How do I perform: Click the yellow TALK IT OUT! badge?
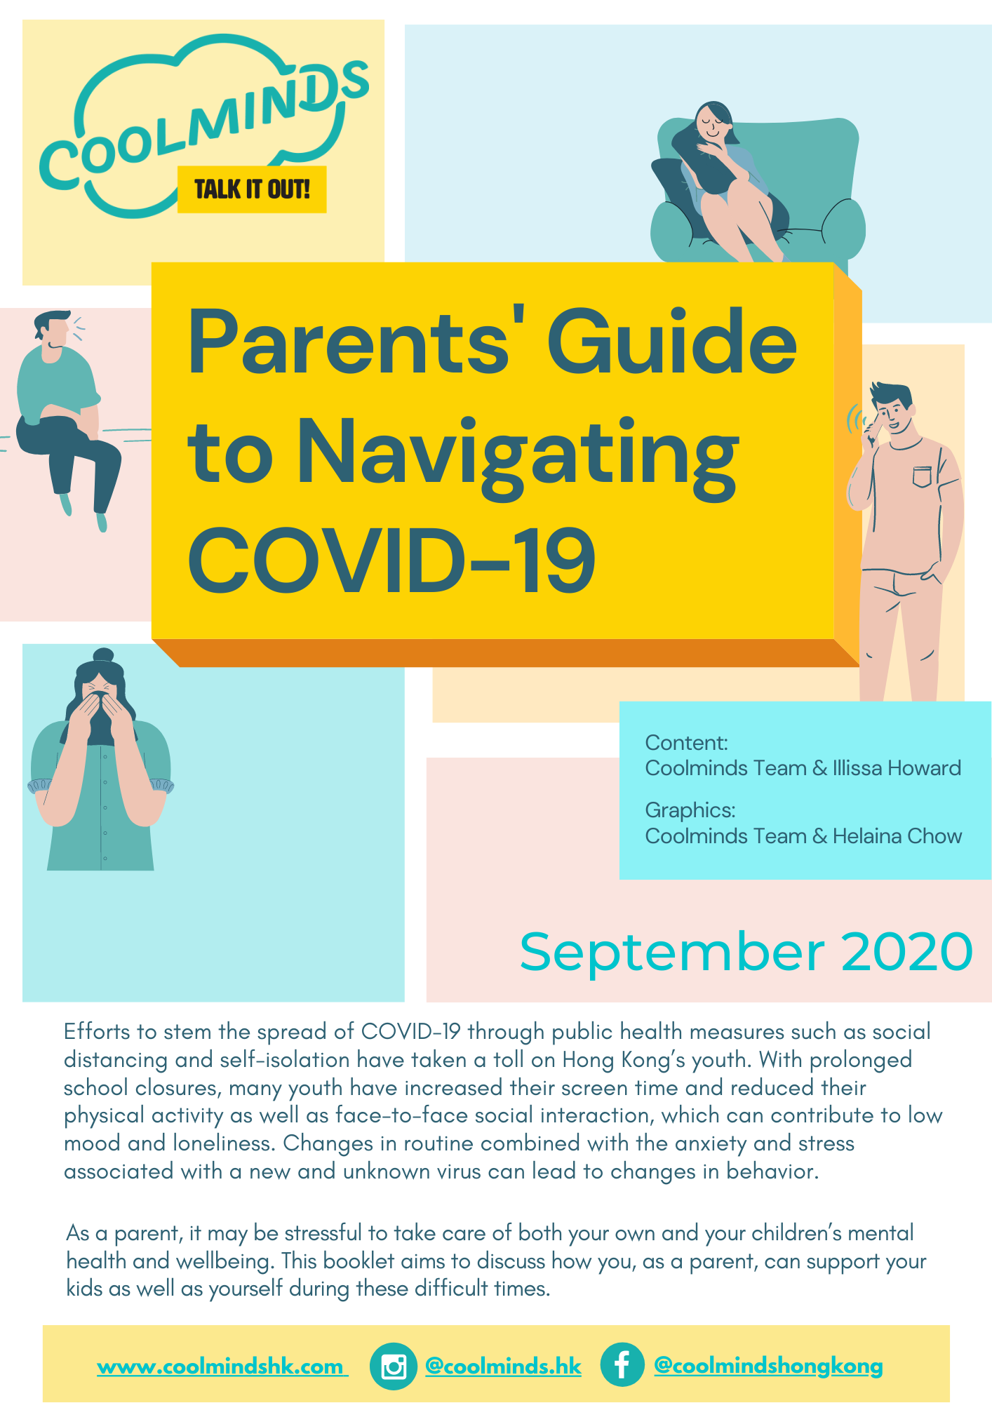click(252, 189)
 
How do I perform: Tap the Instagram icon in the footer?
click(394, 1366)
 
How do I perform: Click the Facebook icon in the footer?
click(622, 1364)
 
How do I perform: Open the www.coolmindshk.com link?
click(222, 1367)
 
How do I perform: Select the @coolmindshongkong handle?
click(768, 1365)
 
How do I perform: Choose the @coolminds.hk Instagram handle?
click(503, 1366)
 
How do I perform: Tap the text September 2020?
click(746, 952)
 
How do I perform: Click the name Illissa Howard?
click(897, 768)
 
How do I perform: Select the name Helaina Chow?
click(897, 836)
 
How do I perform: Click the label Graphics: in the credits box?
click(690, 810)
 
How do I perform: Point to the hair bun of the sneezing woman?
click(103, 655)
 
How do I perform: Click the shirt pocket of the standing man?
click(923, 476)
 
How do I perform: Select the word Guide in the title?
click(671, 342)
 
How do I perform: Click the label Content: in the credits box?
click(687, 742)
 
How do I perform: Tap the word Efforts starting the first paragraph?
click(98, 1031)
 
